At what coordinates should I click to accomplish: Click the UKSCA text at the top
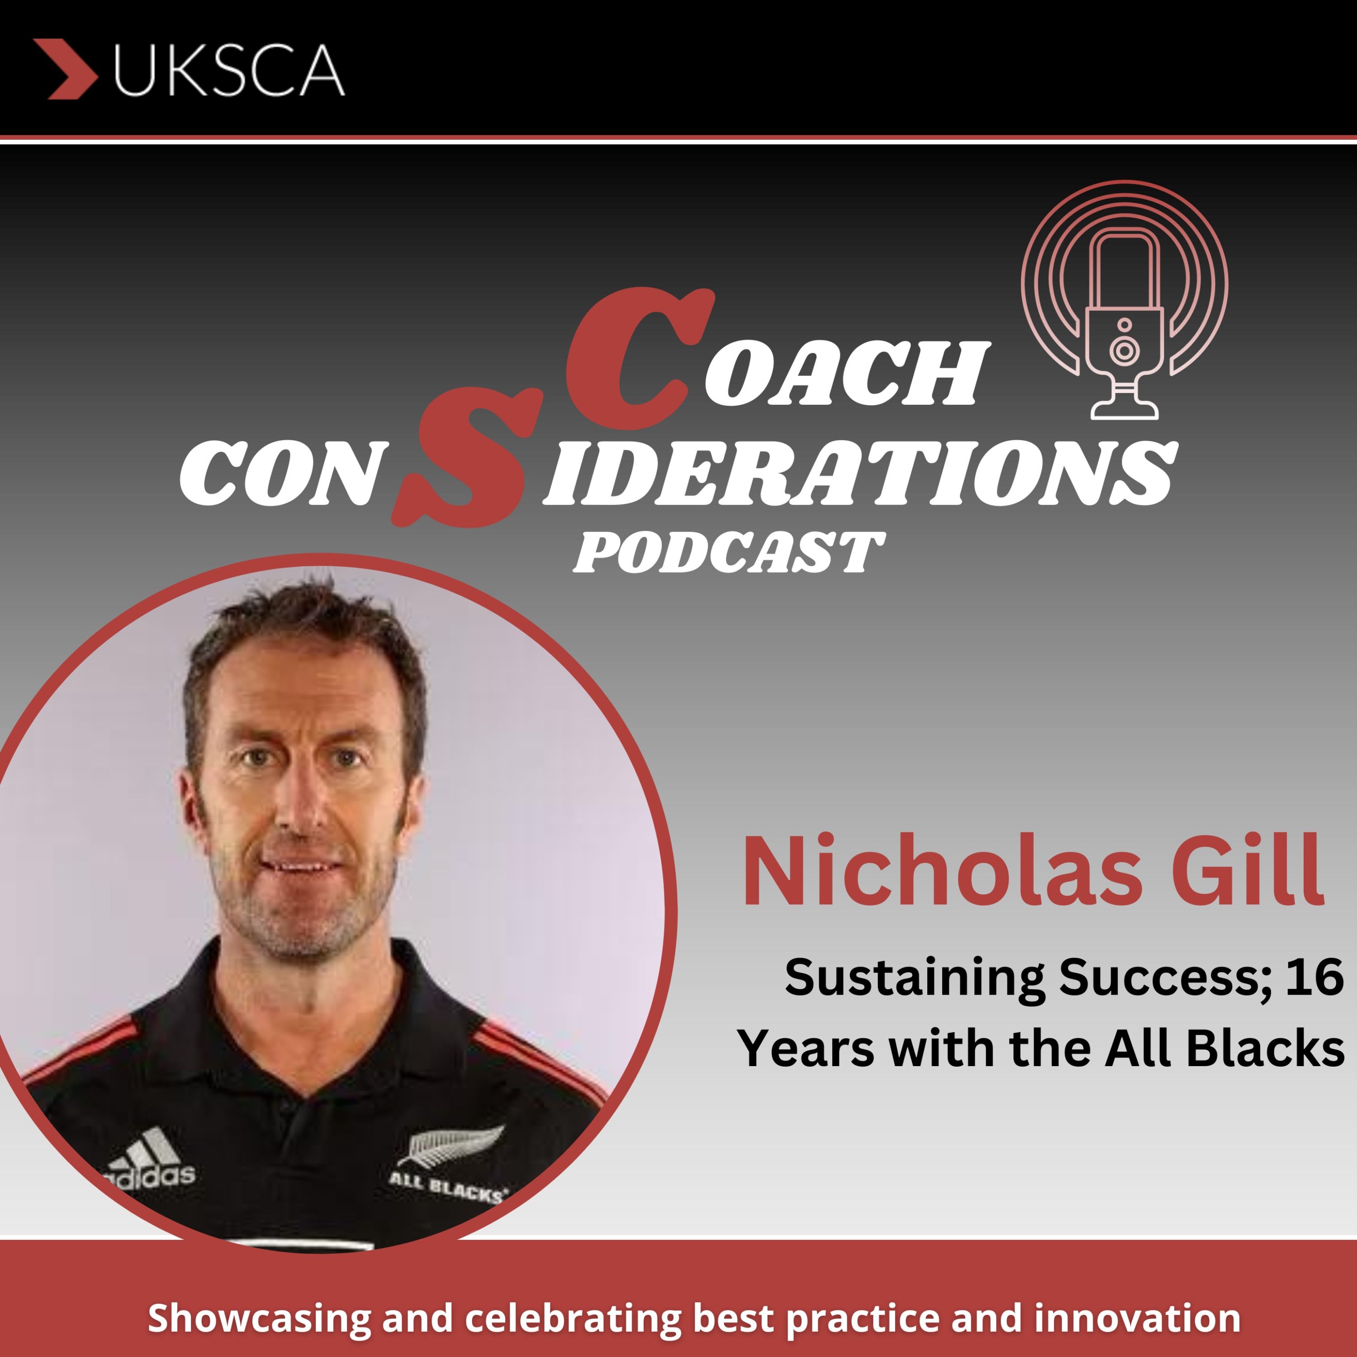pyautogui.click(x=229, y=70)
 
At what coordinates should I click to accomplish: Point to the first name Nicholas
pyautogui.click(x=941, y=871)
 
